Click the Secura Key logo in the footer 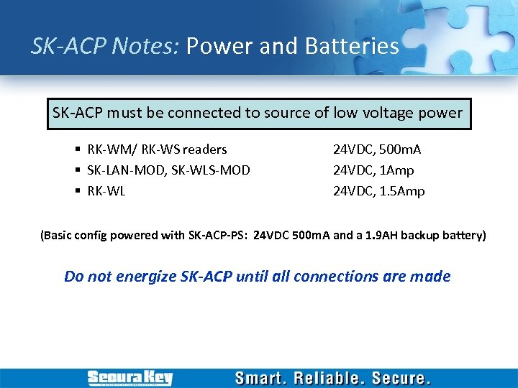tap(130, 377)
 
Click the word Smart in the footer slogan tap(264, 378)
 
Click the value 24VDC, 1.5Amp tap(378, 191)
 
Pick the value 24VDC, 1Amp tap(373, 170)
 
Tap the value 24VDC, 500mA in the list tap(376, 149)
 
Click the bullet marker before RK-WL tap(77, 192)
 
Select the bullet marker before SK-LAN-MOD tap(77, 171)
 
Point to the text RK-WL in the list tap(106, 191)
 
